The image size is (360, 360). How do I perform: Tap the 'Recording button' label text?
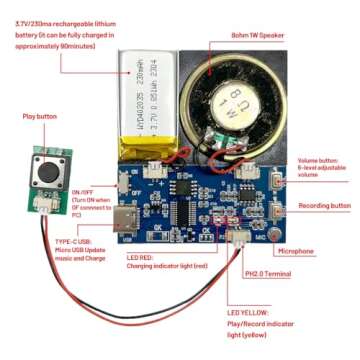(x=326, y=205)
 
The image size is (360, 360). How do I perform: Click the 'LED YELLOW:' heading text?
(x=247, y=312)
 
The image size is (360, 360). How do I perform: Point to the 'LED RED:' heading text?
(x=141, y=257)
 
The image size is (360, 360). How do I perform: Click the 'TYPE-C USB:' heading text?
(x=77, y=241)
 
